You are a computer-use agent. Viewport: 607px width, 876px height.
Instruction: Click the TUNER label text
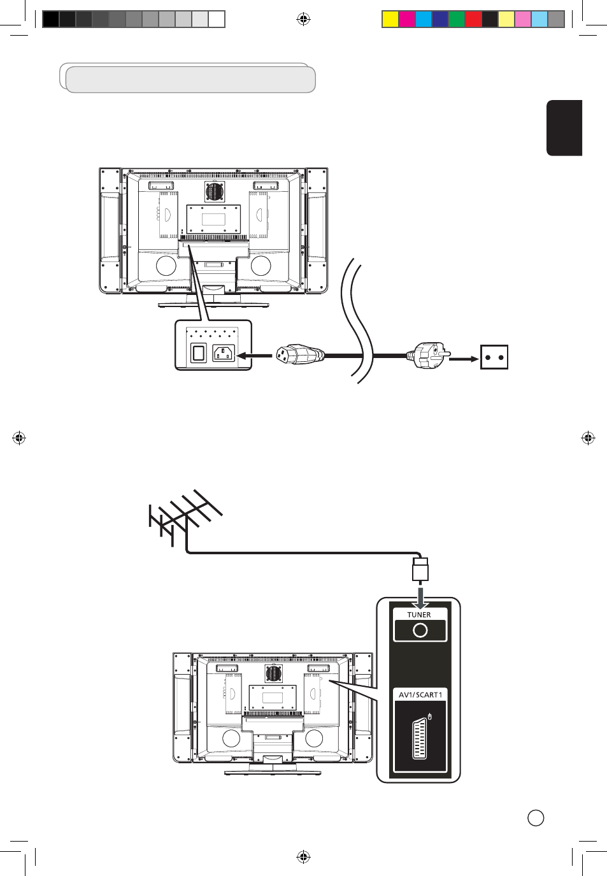coord(419,615)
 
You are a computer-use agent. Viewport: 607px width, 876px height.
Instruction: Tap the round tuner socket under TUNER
coord(420,630)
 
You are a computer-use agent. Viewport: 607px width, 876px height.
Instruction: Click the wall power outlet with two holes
coord(494,357)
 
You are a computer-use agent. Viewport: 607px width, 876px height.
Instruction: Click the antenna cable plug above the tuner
coord(420,569)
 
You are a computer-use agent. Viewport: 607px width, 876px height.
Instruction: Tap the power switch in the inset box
coord(198,353)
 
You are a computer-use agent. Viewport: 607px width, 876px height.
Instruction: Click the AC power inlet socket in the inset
coord(224,353)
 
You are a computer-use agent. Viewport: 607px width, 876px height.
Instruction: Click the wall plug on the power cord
coord(428,355)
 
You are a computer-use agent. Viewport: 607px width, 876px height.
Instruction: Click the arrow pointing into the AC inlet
coord(254,355)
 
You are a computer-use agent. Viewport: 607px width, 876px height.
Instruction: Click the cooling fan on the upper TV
coord(215,192)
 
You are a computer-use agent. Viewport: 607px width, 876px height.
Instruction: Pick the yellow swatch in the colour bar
coord(390,19)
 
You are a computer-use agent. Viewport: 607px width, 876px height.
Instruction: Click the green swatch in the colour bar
coord(457,19)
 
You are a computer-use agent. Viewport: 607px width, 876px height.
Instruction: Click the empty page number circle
coord(536,818)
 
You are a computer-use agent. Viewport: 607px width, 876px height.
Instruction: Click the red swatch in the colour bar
coord(473,19)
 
